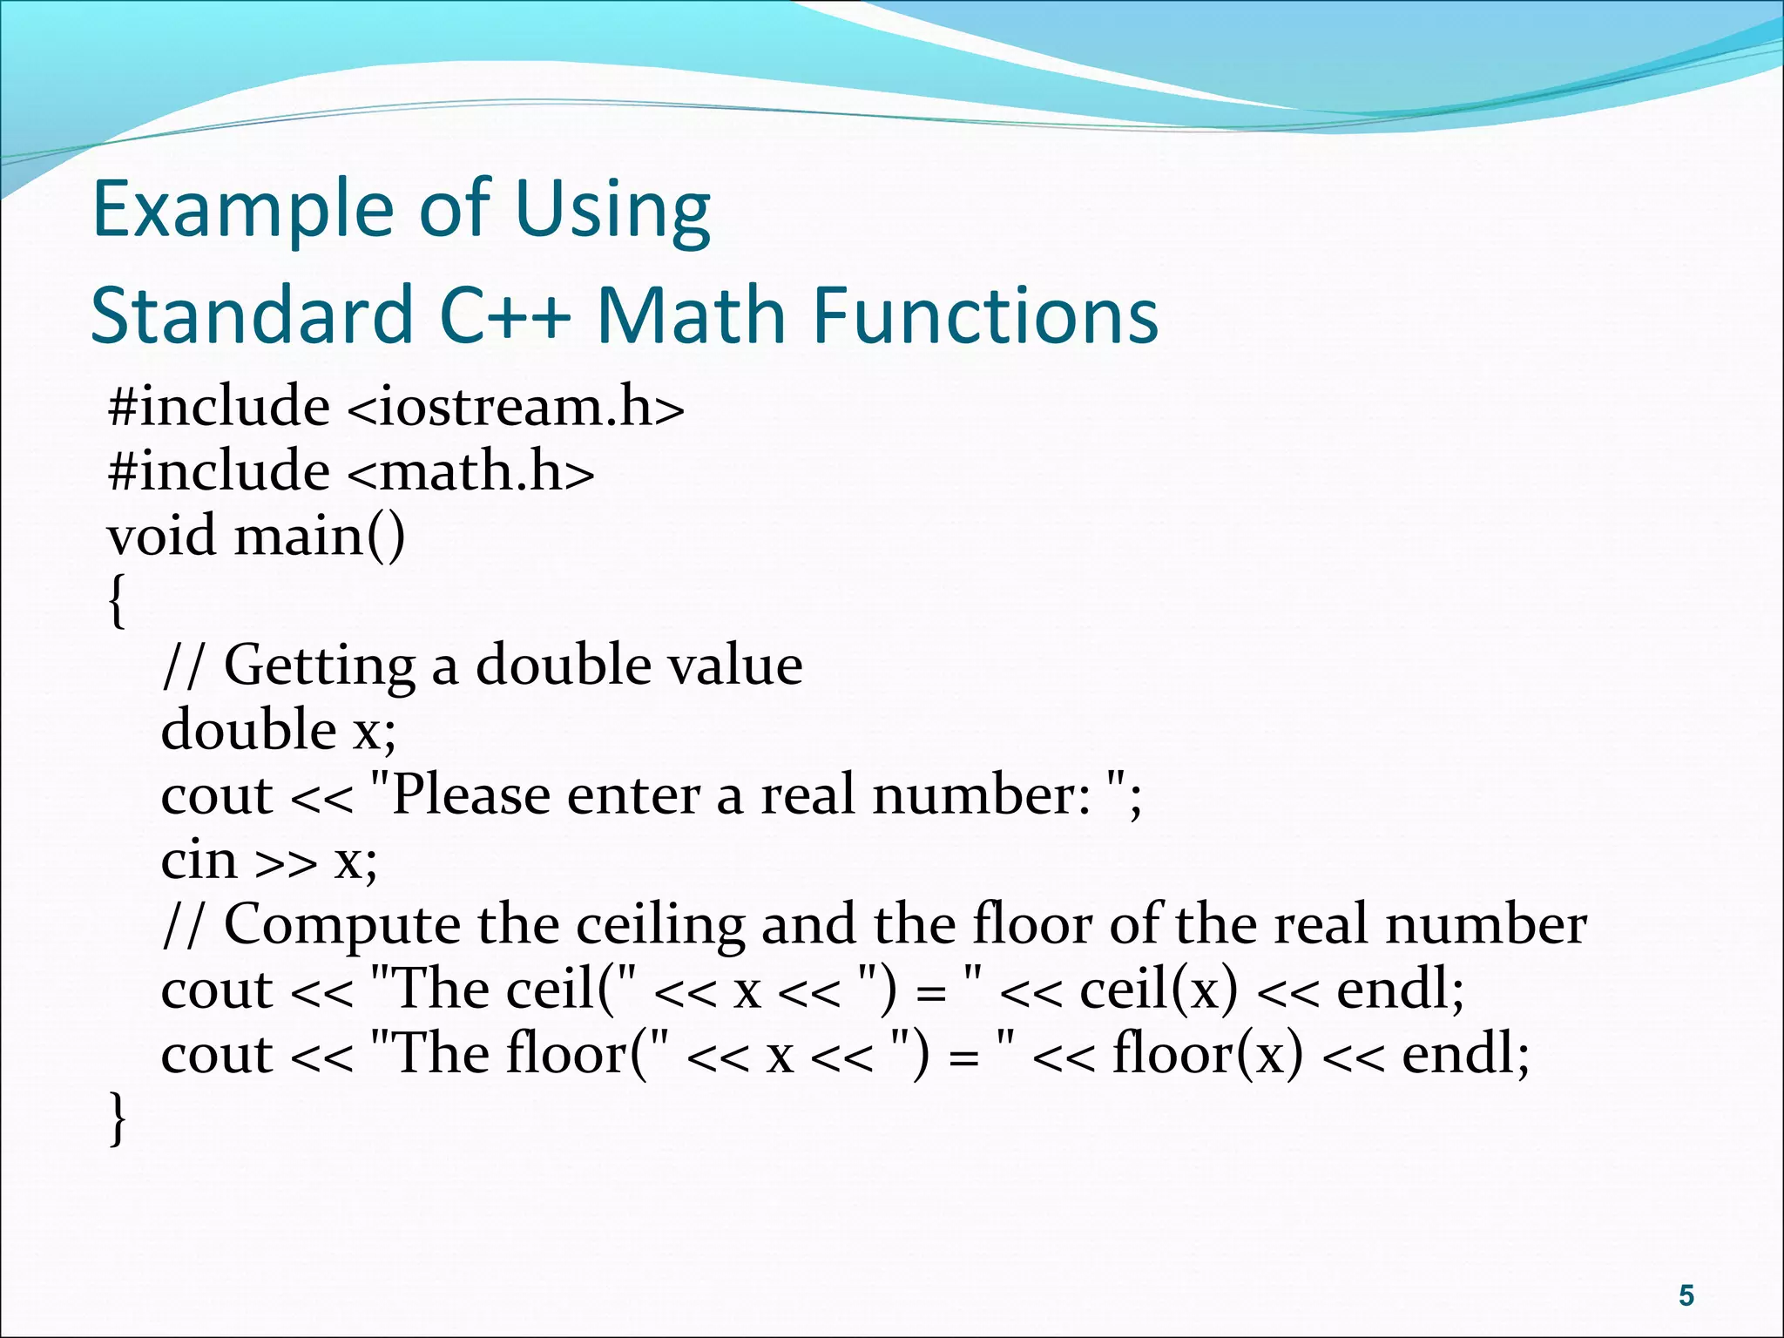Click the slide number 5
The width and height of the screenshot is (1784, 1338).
click(x=1686, y=1295)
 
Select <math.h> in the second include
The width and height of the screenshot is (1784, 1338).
click(x=470, y=472)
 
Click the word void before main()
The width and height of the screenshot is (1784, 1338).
click(x=161, y=537)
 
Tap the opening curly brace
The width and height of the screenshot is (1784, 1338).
click(x=118, y=601)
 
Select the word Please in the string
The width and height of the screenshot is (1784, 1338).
click(x=470, y=796)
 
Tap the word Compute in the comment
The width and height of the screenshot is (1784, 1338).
click(x=342, y=926)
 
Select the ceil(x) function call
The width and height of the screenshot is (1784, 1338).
click(x=1158, y=990)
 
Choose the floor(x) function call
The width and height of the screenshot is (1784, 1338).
click(x=1207, y=1055)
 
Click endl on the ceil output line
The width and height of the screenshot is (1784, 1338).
click(x=1399, y=990)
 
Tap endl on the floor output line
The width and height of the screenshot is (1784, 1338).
click(x=1464, y=1055)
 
